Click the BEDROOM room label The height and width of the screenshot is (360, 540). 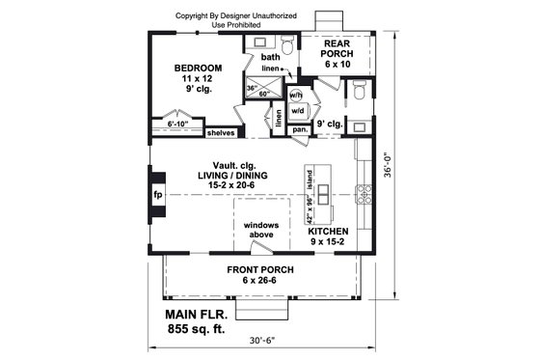(x=199, y=69)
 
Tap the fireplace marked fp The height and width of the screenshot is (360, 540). (x=158, y=192)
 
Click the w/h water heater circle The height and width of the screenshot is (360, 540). (x=296, y=96)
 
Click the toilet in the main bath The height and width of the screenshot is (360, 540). (x=286, y=43)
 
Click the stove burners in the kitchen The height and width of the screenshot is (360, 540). (x=364, y=194)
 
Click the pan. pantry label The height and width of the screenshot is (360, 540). (x=301, y=128)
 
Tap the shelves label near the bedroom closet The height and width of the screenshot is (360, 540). (x=221, y=132)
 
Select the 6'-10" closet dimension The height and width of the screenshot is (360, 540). (x=178, y=124)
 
